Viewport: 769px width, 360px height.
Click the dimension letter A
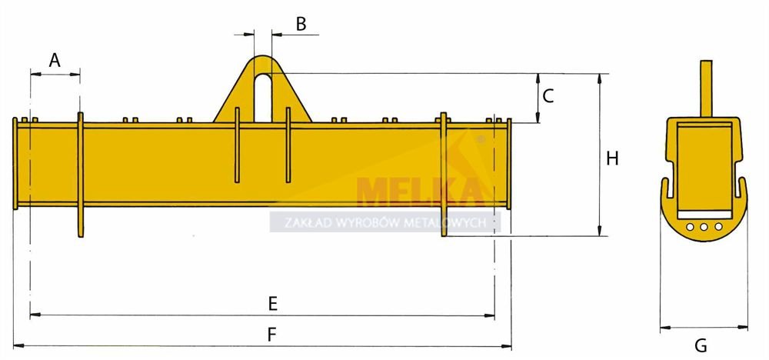pyautogui.click(x=55, y=60)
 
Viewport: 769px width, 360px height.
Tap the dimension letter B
pyautogui.click(x=301, y=24)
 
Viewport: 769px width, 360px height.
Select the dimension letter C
pyautogui.click(x=548, y=95)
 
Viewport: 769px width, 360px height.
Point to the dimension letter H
pyautogui.click(x=612, y=159)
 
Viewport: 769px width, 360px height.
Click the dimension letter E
pyautogui.click(x=273, y=304)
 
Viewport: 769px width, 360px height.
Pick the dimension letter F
pyautogui.click(x=272, y=335)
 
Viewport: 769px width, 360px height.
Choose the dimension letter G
pyautogui.click(x=701, y=346)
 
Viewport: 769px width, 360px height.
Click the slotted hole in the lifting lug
pyautogui.click(x=263, y=98)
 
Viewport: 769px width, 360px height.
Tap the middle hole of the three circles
pyautogui.click(x=704, y=227)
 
